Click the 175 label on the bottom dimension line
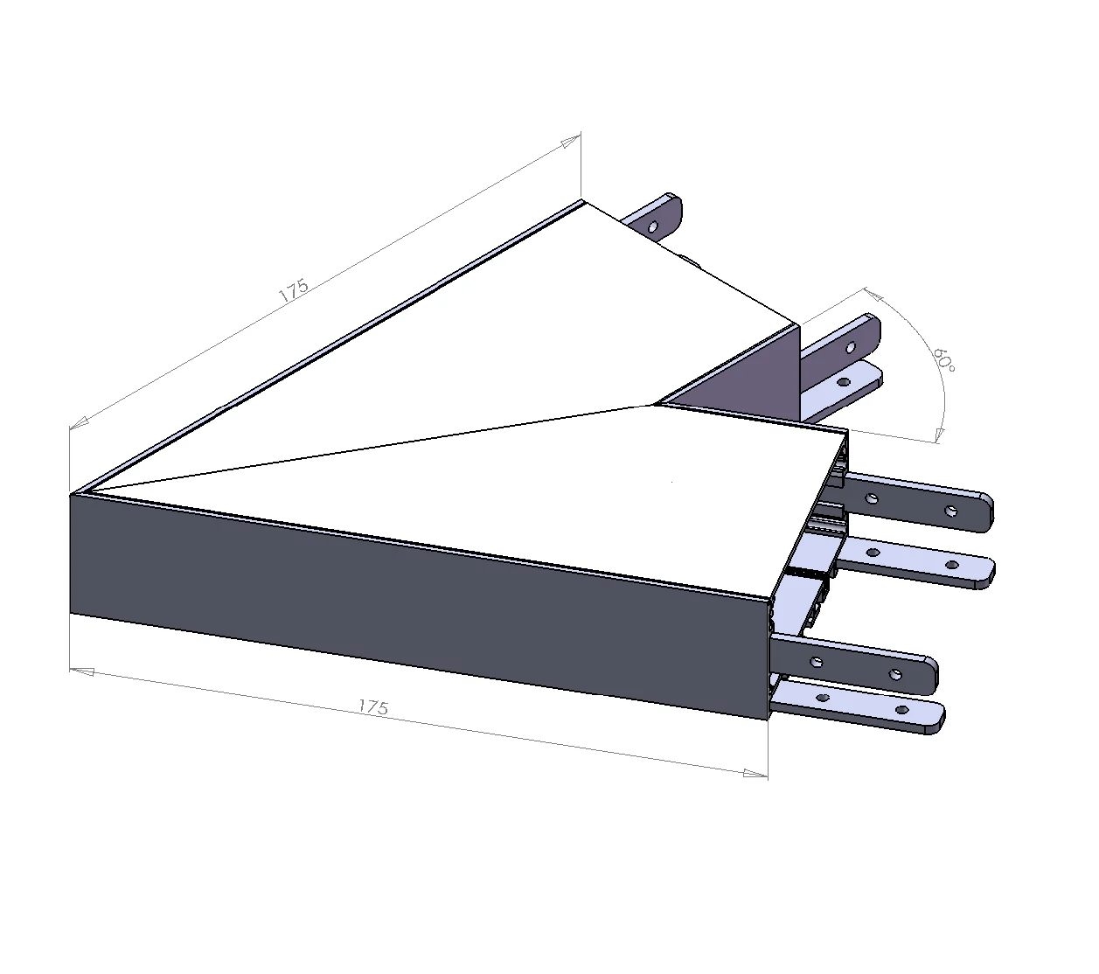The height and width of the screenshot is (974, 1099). pyautogui.click(x=373, y=706)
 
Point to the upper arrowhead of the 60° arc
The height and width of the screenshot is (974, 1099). pyautogui.click(x=870, y=292)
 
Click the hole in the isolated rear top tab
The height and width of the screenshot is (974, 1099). pyautogui.click(x=652, y=226)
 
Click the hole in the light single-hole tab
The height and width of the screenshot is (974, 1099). pyautogui.click(x=844, y=383)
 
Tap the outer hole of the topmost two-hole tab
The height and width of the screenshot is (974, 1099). pyautogui.click(x=951, y=511)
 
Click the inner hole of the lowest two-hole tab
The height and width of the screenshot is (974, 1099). pyautogui.click(x=824, y=698)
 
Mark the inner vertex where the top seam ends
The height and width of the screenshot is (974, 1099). pyautogui.click(x=653, y=405)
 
